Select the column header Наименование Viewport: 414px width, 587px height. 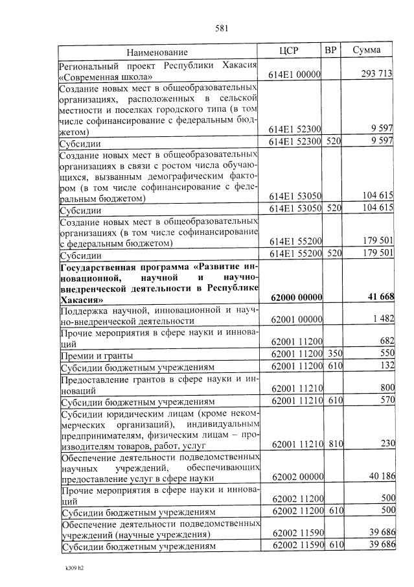pos(157,51)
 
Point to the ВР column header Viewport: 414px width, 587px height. pos(330,51)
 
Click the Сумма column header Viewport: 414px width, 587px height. pos(366,51)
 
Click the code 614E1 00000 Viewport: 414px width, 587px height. pos(295,75)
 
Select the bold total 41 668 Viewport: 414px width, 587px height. pos(380,296)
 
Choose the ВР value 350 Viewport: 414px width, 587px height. pos(333,356)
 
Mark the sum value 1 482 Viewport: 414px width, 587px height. pos(383,320)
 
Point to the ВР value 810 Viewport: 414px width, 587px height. pos(333,444)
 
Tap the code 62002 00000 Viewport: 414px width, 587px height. pos(297,476)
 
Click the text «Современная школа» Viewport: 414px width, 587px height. pos(101,75)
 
